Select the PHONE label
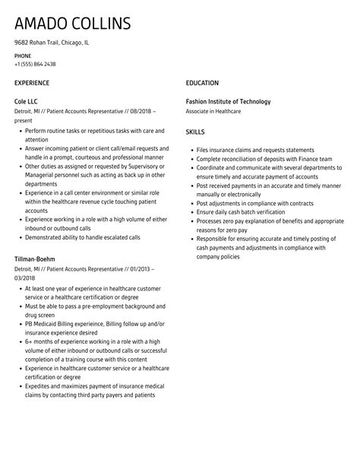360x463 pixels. coord(24,55)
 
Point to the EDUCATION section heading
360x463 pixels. coord(202,83)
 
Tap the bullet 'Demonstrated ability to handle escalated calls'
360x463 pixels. coord(82,237)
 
